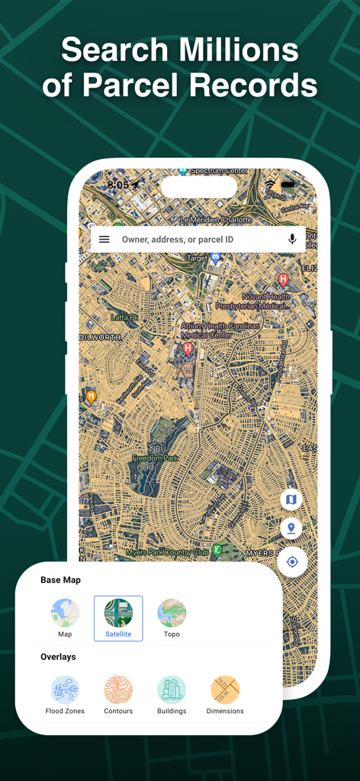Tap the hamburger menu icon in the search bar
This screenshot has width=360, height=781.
104,239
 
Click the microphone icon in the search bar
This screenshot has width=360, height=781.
292,239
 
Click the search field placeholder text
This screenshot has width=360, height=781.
177,239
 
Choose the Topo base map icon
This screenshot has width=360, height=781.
172,613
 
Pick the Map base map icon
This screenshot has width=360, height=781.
65,613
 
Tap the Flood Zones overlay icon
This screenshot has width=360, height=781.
65,690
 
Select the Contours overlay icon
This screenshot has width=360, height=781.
118,690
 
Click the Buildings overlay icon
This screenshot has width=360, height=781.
172,690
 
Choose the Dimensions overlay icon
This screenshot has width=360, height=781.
225,690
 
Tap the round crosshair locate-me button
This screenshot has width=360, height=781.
291,563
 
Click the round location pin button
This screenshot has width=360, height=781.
291,528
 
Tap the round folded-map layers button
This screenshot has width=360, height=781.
291,500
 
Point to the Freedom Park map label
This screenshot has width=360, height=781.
155,458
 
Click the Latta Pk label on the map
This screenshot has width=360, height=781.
124,317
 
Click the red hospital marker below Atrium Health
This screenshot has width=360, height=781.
188,349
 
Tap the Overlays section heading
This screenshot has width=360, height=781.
58,657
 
